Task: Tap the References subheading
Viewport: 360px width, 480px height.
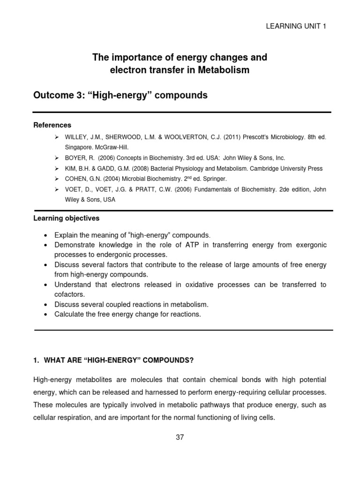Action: [52, 125]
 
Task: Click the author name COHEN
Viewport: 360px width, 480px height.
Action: [76, 179]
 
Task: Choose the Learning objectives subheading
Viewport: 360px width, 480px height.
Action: [66, 218]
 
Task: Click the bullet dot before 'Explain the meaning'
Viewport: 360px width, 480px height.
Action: [44, 235]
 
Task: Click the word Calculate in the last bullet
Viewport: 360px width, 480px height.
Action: [69, 314]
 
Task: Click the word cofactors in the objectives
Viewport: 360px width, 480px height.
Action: [70, 294]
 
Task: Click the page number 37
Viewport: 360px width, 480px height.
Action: [180, 437]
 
